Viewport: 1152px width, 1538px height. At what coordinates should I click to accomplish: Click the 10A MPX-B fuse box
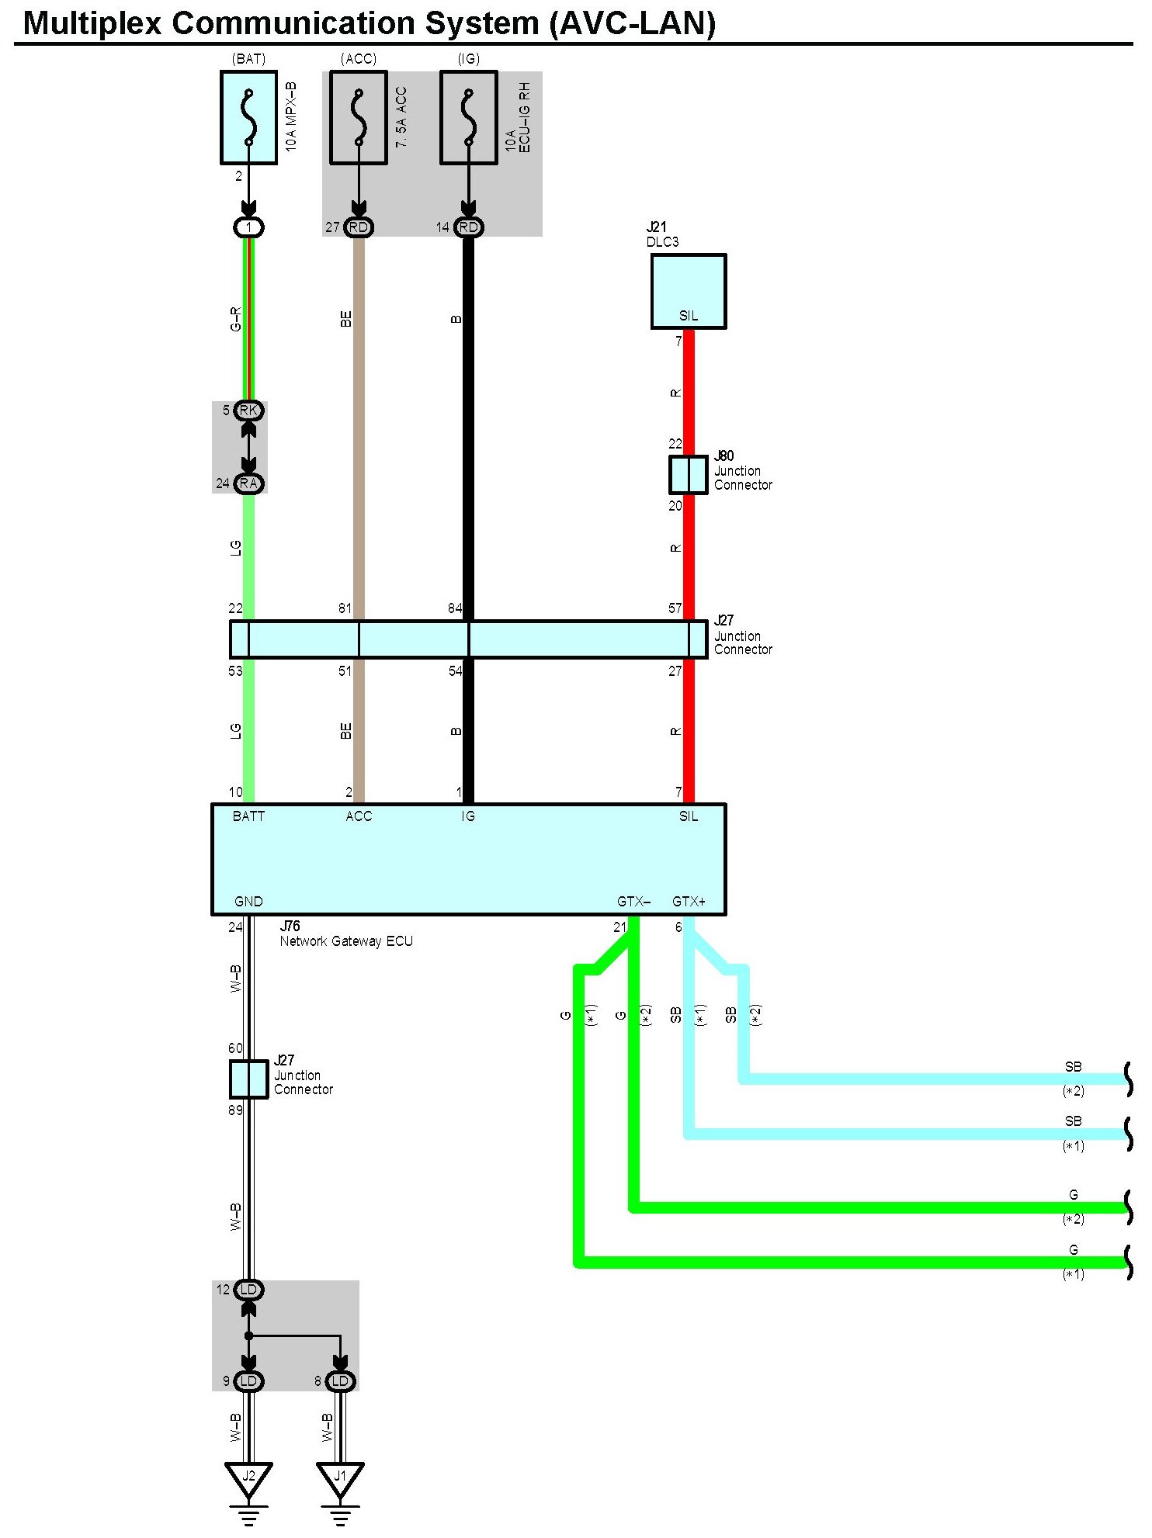click(248, 117)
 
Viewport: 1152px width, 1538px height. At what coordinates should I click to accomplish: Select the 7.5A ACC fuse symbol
click(358, 117)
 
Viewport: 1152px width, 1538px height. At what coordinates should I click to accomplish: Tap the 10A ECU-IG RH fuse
click(468, 117)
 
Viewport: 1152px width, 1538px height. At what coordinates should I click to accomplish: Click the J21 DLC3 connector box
click(688, 291)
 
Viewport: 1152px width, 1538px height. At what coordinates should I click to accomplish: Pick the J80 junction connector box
click(688, 474)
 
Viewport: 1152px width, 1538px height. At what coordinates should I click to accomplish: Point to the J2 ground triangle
click(248, 1477)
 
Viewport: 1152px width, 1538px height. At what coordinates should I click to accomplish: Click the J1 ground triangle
click(340, 1477)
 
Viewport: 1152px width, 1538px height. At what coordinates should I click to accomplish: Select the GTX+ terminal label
click(689, 902)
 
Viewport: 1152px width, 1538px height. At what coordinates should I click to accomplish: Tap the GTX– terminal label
click(633, 902)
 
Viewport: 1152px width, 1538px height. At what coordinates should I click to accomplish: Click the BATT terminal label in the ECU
click(248, 816)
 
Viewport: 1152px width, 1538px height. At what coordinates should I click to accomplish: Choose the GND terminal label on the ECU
click(248, 902)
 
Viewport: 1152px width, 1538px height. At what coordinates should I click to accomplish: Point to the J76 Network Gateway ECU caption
click(345, 934)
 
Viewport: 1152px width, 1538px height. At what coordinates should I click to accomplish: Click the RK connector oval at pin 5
click(248, 410)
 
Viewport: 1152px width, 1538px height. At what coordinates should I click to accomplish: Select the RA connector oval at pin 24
click(248, 483)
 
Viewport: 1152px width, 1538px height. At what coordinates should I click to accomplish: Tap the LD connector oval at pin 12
click(248, 1290)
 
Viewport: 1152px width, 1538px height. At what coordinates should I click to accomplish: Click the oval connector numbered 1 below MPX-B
click(248, 227)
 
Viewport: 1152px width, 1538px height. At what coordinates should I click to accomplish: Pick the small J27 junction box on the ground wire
click(248, 1079)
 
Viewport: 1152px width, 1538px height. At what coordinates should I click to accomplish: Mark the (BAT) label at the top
click(248, 59)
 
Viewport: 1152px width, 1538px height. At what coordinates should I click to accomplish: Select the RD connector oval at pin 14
click(468, 227)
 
